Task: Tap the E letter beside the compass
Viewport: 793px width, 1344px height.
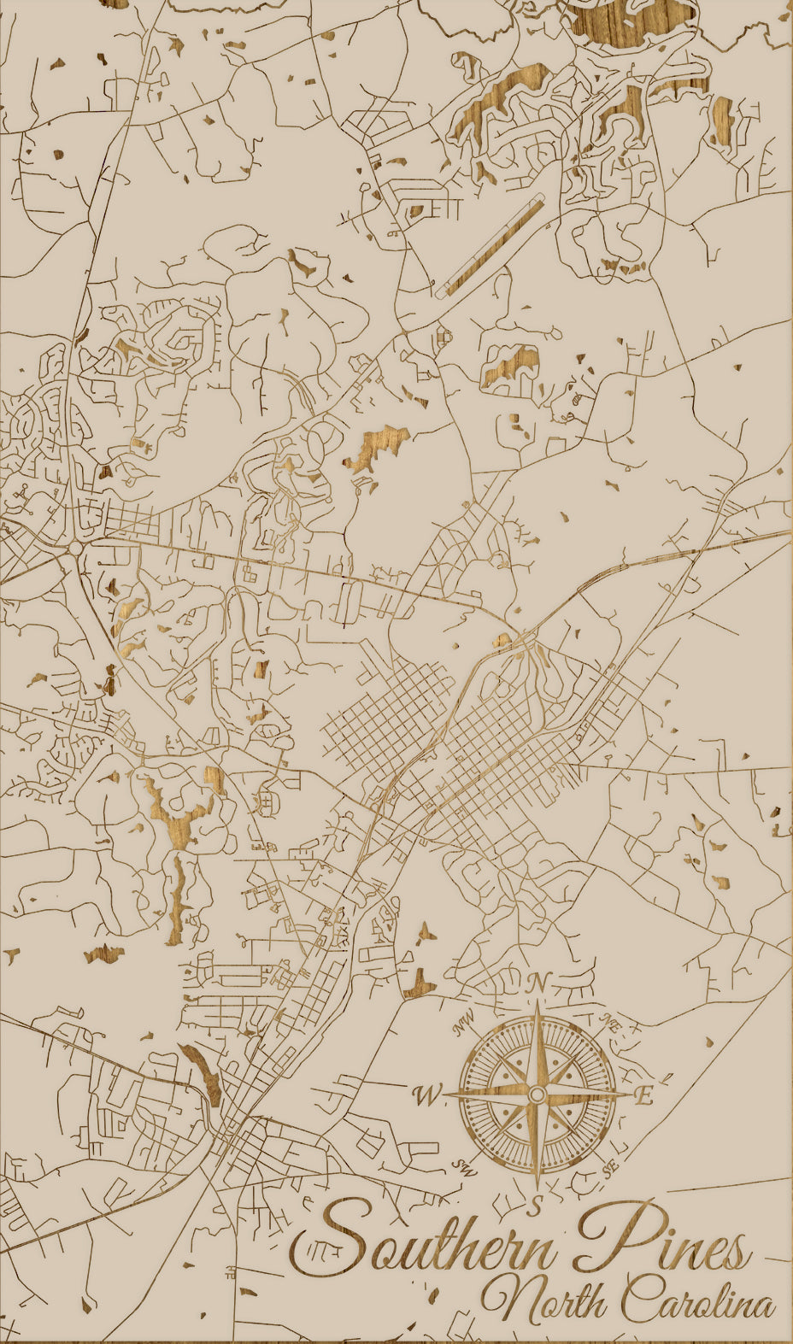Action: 644,1095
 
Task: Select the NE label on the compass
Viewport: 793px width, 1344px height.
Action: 609,1020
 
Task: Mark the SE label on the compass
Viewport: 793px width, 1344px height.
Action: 609,1167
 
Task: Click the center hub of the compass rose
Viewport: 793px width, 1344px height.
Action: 537,1095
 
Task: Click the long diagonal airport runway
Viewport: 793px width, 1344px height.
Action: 490,247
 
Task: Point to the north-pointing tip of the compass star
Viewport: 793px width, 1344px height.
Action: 537,1008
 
